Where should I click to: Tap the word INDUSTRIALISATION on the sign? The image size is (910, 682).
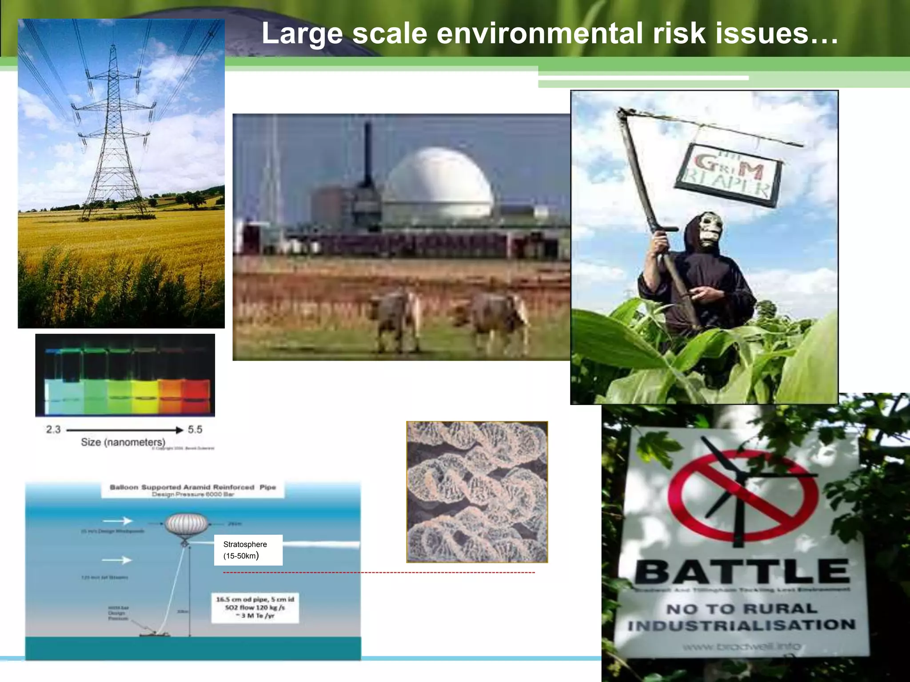point(741,626)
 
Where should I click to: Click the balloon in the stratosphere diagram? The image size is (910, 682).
point(186,525)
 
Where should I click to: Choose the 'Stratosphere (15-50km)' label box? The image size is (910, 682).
point(248,550)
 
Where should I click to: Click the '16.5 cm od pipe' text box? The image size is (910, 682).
point(255,607)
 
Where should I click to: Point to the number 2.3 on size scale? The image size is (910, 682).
point(53,429)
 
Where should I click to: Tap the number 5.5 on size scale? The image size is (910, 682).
point(195,429)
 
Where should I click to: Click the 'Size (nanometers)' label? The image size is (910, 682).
point(123,442)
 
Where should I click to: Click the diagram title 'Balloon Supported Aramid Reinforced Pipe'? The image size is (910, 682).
point(193,487)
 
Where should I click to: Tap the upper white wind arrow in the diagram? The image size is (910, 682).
point(118,520)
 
